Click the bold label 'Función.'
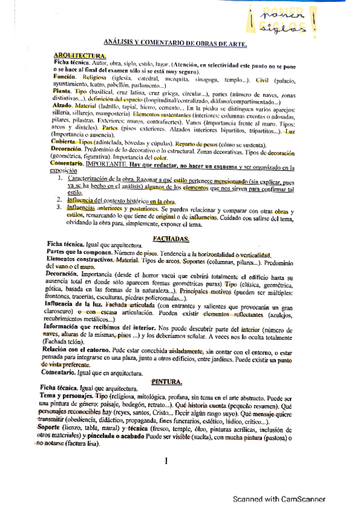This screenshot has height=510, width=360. point(64,78)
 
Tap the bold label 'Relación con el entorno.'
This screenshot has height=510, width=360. point(81,349)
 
